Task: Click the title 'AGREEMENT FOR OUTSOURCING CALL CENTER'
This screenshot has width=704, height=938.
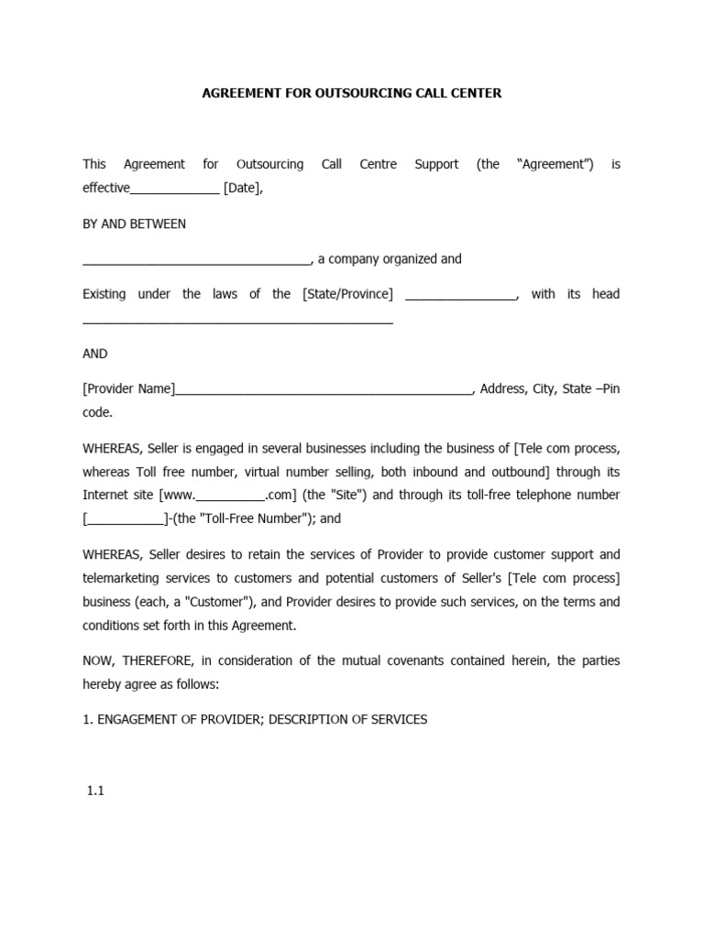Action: (351, 93)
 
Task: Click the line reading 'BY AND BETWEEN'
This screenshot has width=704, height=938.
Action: (134, 224)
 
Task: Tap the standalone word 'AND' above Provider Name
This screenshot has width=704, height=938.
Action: (94, 354)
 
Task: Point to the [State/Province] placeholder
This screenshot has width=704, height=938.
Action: (347, 294)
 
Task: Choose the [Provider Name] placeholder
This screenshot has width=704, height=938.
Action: (128, 388)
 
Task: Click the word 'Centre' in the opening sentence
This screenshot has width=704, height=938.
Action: (378, 165)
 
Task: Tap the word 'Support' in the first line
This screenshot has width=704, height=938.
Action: (436, 165)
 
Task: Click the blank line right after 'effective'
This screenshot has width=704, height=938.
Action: (175, 191)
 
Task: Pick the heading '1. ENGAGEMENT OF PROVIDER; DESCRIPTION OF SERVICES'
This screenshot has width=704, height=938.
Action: (255, 720)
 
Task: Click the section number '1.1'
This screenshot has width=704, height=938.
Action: (95, 791)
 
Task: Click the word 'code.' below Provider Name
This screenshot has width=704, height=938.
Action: (97, 412)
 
